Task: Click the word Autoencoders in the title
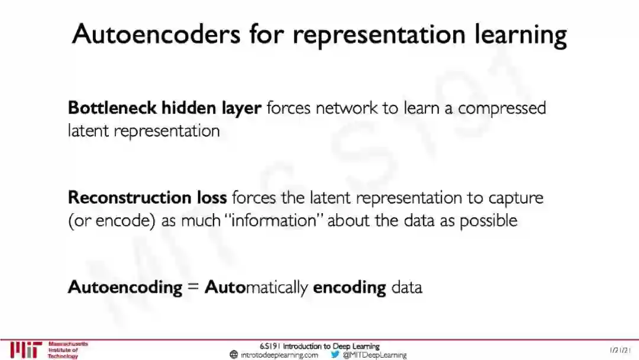point(156,34)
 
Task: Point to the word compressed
point(502,110)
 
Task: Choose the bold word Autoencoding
point(125,288)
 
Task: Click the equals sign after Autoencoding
point(193,288)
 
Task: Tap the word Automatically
point(256,288)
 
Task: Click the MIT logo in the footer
point(26,350)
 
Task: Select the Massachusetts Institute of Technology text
point(67,350)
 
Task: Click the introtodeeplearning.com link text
point(279,355)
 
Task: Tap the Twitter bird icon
point(335,355)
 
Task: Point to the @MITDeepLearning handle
point(375,355)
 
